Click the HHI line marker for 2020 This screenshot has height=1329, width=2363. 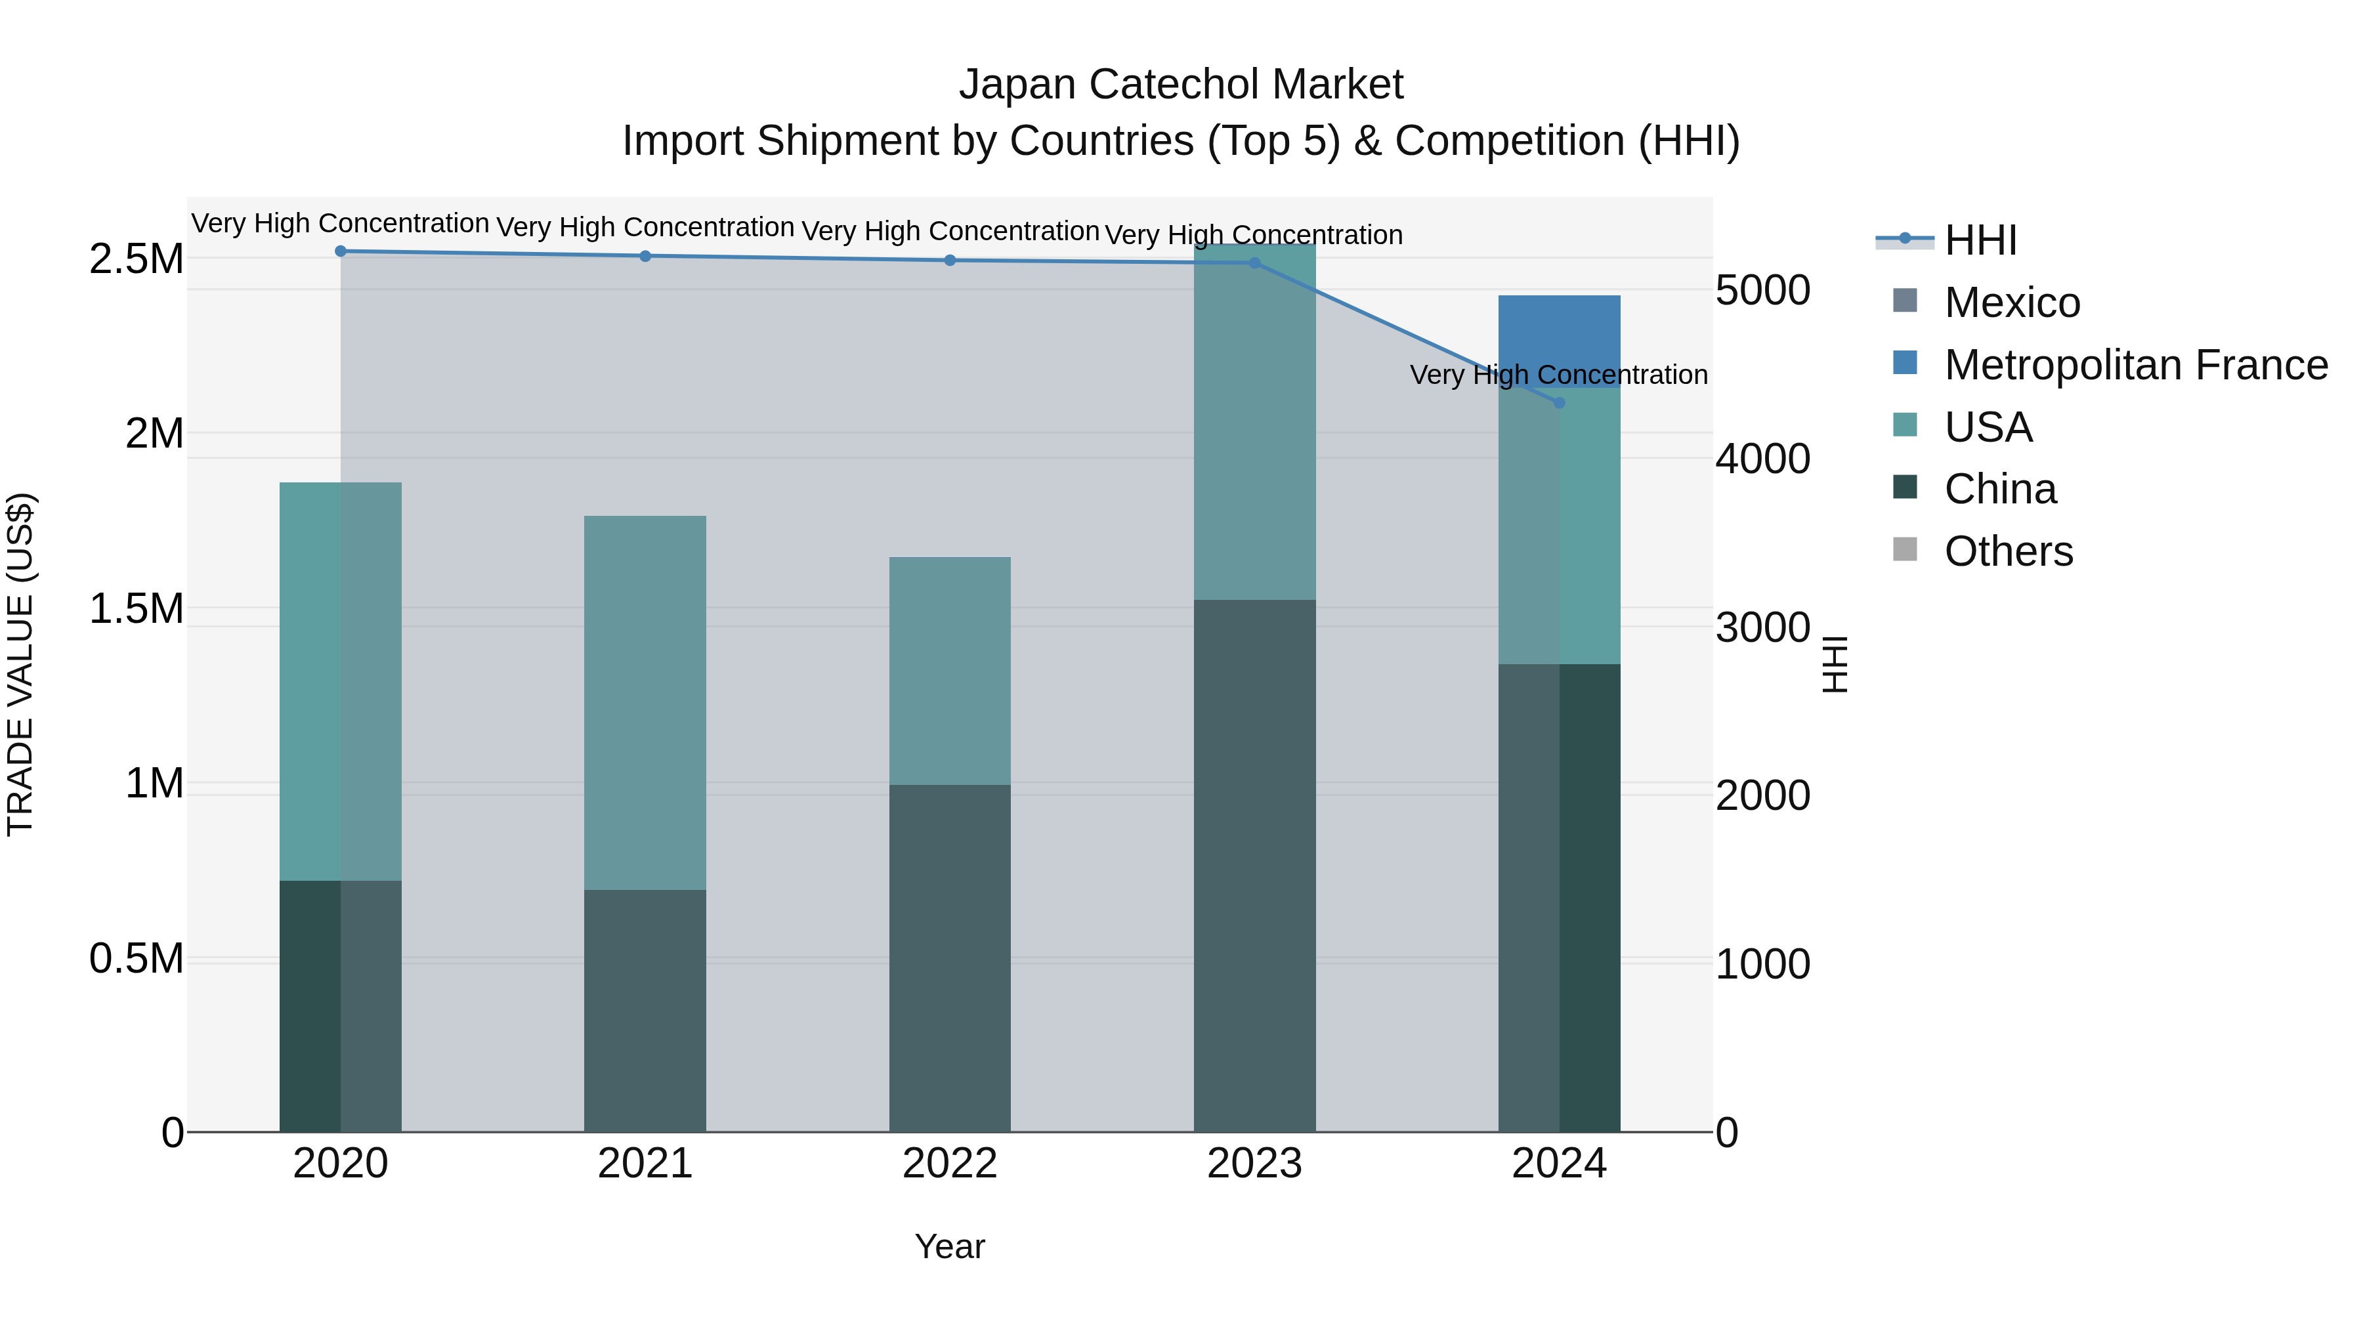point(340,251)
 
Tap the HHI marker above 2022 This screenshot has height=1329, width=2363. point(949,261)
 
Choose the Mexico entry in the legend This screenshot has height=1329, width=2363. point(2012,303)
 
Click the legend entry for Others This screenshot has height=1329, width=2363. point(2008,551)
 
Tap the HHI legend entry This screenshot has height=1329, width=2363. point(1980,240)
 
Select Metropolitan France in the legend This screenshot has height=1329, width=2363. point(2135,365)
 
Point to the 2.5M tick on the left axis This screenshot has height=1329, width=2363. point(136,259)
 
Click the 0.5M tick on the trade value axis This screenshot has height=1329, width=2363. point(136,958)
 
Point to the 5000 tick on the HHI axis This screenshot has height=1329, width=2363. point(1762,291)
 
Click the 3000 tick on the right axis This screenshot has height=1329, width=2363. point(1762,627)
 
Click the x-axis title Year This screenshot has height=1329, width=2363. point(949,1246)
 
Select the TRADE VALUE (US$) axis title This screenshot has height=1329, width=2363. point(20,664)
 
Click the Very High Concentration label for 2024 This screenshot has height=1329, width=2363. point(1558,375)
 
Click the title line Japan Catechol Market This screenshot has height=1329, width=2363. point(1181,85)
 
